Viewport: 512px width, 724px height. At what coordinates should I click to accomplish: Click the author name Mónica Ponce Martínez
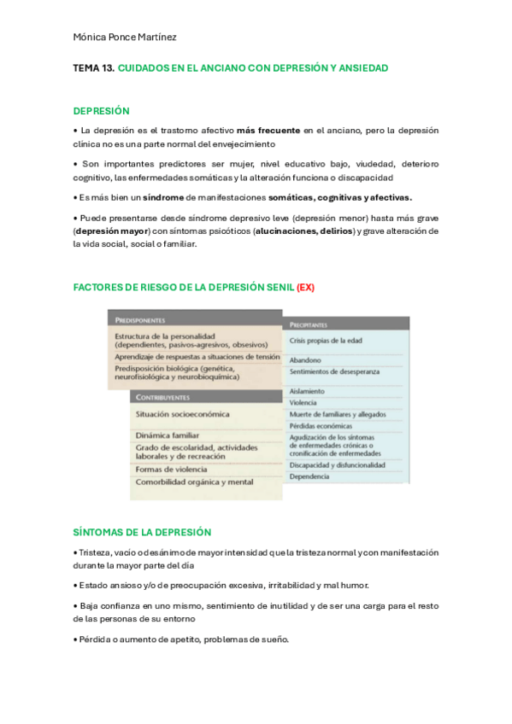[125, 37]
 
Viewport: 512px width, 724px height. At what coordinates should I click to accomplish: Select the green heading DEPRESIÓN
[101, 111]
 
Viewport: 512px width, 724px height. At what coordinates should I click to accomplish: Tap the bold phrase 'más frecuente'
[268, 131]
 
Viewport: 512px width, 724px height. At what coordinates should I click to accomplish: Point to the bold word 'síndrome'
[163, 197]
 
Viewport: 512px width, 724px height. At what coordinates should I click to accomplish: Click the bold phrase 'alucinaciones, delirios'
[303, 231]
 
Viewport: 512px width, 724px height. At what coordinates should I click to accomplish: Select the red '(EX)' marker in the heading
[305, 287]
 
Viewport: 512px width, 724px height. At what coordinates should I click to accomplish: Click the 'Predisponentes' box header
[139, 319]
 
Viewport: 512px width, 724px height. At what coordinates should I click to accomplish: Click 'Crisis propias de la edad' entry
[326, 341]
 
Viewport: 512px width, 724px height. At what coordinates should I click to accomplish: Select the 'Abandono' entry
[305, 360]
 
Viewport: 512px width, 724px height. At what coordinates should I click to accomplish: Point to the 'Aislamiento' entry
[307, 391]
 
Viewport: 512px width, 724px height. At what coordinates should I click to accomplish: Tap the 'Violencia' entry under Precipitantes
[303, 402]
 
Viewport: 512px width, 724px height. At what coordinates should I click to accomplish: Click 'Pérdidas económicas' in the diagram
[321, 425]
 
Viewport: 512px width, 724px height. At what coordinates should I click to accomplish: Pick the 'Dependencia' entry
[309, 477]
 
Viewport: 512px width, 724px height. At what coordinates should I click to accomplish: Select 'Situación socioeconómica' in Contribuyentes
[182, 414]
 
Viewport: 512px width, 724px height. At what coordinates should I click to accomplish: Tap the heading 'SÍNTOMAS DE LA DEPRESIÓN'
[142, 531]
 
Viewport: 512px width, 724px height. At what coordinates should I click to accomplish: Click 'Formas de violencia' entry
[171, 469]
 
